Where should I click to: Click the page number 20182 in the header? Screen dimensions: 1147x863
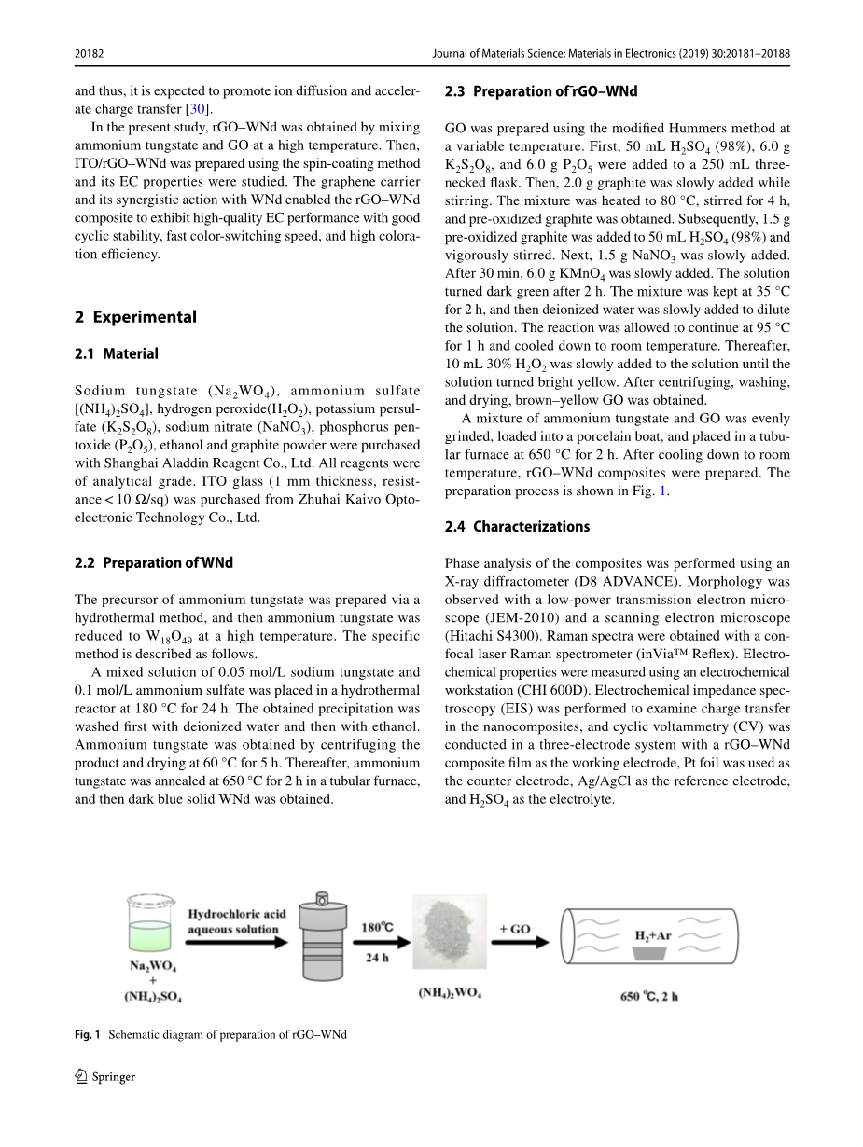click(x=89, y=54)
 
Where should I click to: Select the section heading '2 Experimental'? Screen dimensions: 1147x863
click(x=135, y=317)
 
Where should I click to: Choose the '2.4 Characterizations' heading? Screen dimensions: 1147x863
click(x=517, y=526)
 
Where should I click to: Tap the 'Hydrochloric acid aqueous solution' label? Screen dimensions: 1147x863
click(x=236, y=921)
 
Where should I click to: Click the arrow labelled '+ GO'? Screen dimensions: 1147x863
click(x=515, y=941)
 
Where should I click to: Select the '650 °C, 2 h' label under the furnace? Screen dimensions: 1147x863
click(x=649, y=996)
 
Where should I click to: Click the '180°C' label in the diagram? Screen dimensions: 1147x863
click(x=377, y=928)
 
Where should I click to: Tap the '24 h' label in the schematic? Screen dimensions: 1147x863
click(x=377, y=958)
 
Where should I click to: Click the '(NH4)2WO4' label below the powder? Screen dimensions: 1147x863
click(x=450, y=992)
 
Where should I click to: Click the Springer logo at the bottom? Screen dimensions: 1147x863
click(x=104, y=1077)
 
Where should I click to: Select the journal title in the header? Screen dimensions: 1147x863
click(x=611, y=54)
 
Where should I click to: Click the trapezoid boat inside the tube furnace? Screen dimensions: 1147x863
click(x=654, y=953)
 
